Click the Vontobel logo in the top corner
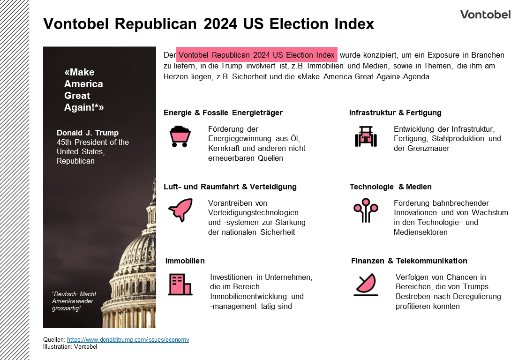pos(485,15)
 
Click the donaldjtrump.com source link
pos(128,340)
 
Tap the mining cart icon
pos(180,136)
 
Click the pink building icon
pos(180,285)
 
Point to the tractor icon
pos(366,136)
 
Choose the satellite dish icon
pos(366,285)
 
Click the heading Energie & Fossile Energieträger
pos(223,113)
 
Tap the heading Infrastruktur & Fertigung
pos(395,113)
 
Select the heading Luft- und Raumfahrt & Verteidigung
pos(230,187)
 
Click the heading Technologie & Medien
pos(391,187)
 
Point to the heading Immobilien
pos(185,261)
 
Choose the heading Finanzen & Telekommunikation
pos(409,261)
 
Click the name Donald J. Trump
pos(88,133)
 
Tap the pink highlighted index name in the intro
pos(256,55)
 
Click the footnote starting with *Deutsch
pos(74,301)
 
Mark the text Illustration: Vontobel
pos(70,347)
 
